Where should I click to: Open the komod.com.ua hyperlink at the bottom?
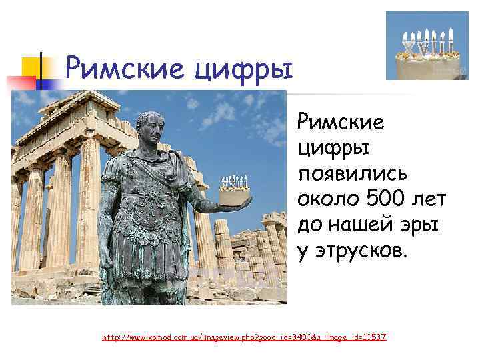[244, 338]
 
